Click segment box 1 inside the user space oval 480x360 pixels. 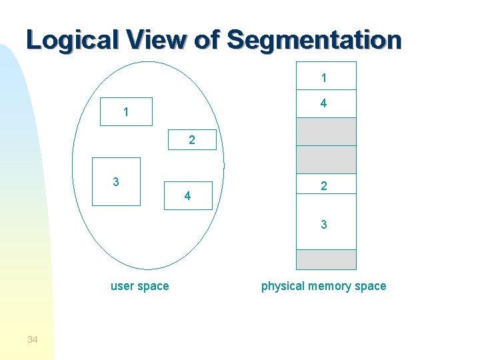126,112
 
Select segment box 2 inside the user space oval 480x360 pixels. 191,140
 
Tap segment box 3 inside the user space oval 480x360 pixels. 116,181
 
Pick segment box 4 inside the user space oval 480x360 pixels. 188,195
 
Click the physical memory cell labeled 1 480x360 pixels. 326,75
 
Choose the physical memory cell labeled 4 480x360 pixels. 326,103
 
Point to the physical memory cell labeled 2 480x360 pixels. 326,187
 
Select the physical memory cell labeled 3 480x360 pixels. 326,224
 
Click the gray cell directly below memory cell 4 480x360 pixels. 326,131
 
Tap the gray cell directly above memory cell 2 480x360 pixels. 326,159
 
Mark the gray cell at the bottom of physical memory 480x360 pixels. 326,259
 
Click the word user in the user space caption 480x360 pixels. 123,286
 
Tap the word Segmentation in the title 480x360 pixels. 315,40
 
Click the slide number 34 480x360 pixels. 33,340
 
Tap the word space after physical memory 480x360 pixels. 371,286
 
